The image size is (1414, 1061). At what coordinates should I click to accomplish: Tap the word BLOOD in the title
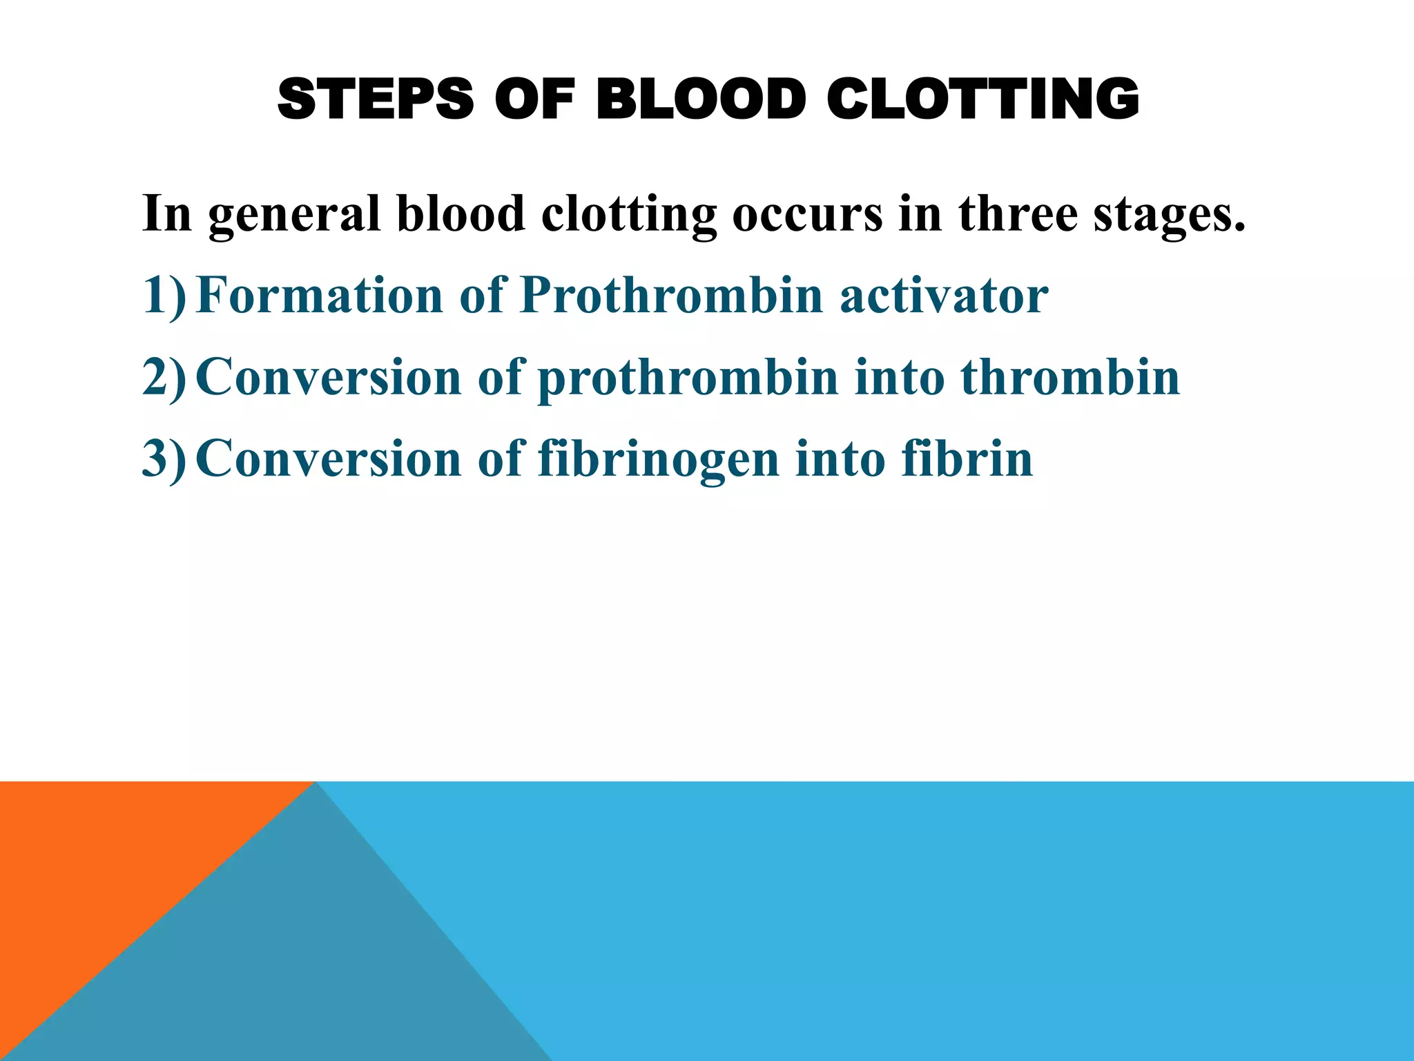(x=701, y=99)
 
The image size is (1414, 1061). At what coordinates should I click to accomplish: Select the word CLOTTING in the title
(x=982, y=99)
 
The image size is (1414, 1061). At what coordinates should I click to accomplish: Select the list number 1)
(x=164, y=296)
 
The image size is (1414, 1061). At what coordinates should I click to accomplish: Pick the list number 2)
(x=164, y=377)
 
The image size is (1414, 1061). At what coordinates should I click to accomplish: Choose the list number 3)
(x=164, y=459)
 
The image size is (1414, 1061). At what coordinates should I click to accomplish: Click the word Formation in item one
(x=319, y=296)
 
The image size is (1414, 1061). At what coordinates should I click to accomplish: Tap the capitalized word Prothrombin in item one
(x=672, y=296)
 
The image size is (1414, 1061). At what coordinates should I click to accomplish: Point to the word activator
(x=944, y=296)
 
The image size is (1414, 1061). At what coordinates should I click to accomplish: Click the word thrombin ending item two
(x=1070, y=377)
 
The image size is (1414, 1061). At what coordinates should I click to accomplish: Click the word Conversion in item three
(x=329, y=459)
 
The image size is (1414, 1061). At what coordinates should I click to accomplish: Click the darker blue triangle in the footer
(x=311, y=967)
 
